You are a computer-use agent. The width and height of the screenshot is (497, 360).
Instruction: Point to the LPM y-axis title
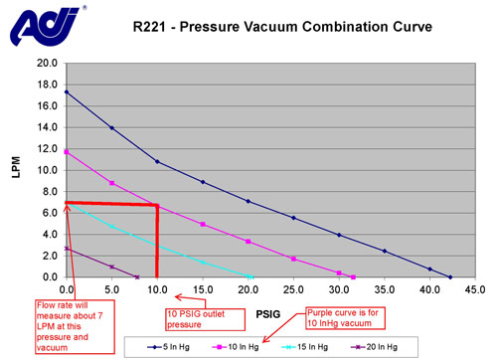click(x=14, y=170)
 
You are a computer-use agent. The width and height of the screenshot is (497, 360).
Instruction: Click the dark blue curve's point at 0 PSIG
click(x=67, y=92)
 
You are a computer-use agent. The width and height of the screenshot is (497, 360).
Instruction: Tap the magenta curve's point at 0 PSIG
click(x=67, y=151)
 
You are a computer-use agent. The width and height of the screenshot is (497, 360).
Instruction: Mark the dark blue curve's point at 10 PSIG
click(x=157, y=161)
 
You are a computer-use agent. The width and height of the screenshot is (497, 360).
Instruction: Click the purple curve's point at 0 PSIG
click(x=67, y=248)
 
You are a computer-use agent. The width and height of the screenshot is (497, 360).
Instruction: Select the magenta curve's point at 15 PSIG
click(x=203, y=224)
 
